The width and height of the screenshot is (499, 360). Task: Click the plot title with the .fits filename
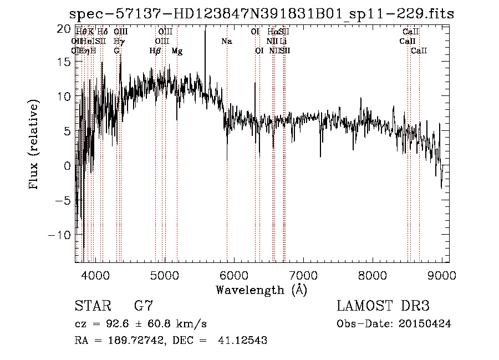(262, 14)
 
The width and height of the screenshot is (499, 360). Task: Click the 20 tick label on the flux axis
(64, 28)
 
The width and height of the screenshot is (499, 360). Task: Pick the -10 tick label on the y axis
(61, 235)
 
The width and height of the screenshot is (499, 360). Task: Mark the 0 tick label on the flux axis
(67, 166)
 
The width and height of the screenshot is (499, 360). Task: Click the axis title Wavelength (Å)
(261, 290)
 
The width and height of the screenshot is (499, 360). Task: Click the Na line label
(226, 42)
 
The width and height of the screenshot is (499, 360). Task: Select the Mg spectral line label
(177, 51)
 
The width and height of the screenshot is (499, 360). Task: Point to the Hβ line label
(155, 51)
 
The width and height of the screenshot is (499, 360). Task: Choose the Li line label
(283, 42)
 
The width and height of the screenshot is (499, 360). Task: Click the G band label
(116, 51)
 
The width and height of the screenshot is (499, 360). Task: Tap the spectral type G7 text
(144, 306)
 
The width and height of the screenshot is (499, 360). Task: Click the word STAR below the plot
(93, 306)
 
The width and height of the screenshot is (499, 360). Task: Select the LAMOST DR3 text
(383, 306)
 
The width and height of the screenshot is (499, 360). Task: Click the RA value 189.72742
(134, 341)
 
